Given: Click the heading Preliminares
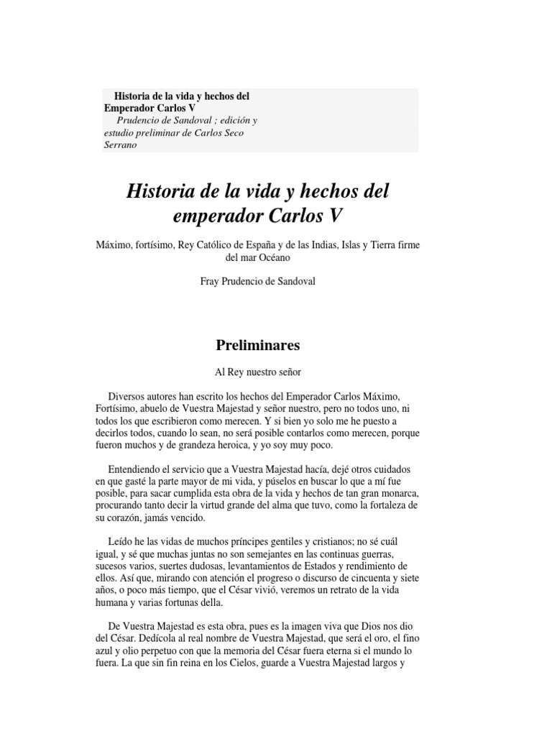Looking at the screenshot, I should (x=258, y=345).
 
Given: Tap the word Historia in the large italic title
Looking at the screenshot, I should (x=160, y=192).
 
